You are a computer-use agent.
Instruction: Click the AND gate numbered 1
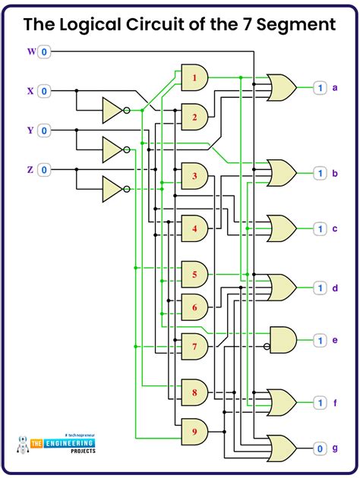(194, 77)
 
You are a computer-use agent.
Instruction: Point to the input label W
(31, 52)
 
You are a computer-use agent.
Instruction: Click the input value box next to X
(44, 91)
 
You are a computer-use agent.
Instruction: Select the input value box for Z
(44, 169)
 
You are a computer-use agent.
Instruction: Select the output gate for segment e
(284, 341)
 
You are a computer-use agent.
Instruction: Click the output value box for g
(321, 448)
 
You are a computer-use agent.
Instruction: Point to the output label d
(334, 288)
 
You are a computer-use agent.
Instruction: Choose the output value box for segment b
(321, 174)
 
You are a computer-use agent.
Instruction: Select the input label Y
(31, 130)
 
